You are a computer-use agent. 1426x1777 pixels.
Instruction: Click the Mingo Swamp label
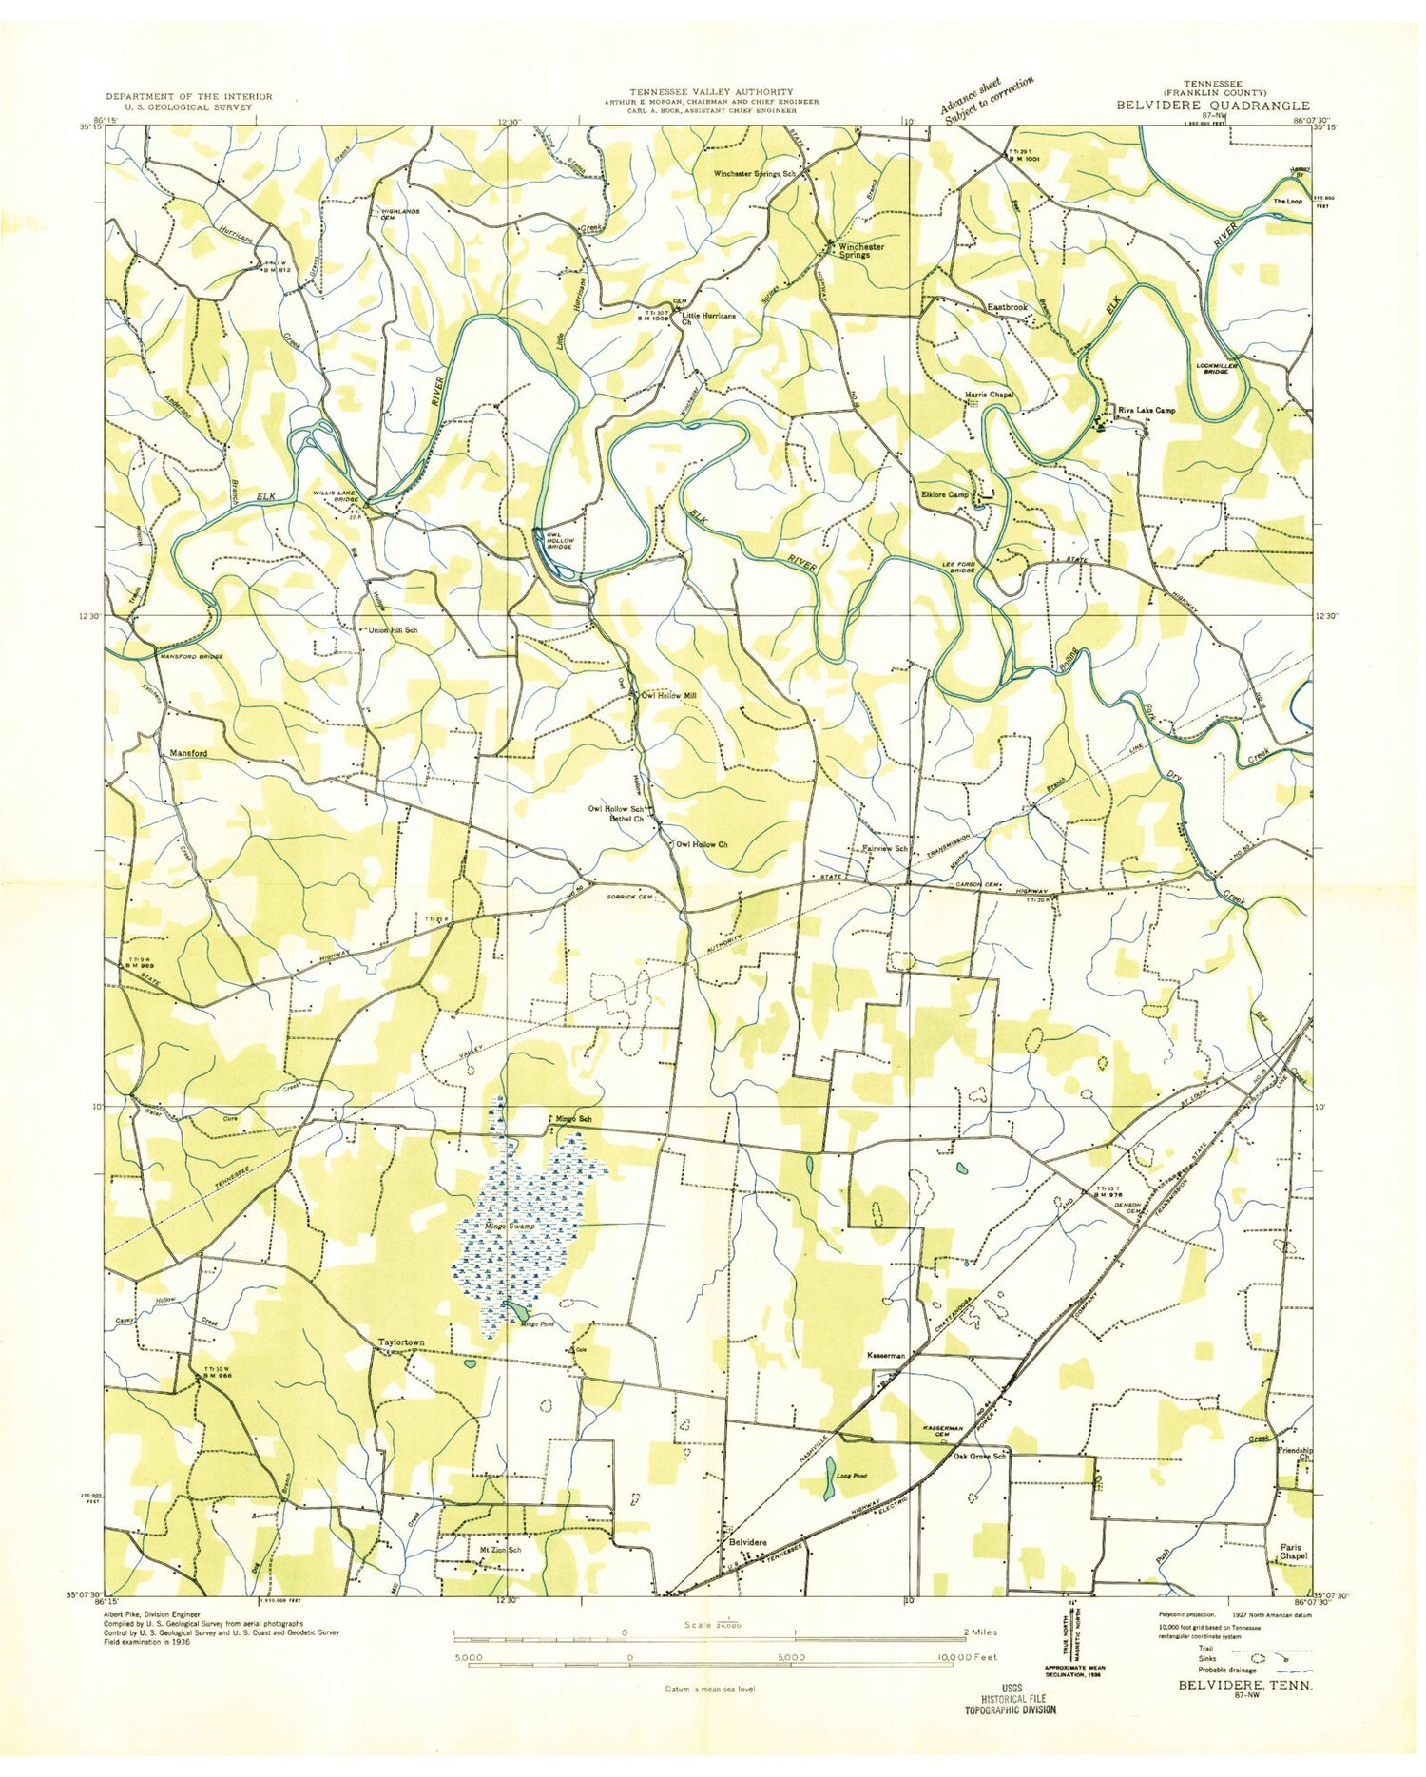coord(508,1227)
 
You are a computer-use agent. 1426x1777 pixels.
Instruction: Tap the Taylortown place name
coord(401,1342)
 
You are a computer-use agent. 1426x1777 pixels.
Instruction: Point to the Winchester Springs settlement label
coord(860,251)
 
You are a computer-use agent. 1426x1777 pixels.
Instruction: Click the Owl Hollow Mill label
coord(668,696)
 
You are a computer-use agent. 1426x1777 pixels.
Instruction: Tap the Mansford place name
coord(188,753)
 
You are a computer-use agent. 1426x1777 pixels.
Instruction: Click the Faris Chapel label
coord(1288,1552)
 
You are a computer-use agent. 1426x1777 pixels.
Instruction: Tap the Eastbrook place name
coord(1007,308)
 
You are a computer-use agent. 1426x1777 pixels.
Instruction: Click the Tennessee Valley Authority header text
coord(710,91)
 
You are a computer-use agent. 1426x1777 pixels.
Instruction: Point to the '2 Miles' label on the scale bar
coord(979,1632)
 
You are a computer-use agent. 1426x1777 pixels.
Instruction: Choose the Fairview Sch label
coord(885,848)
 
